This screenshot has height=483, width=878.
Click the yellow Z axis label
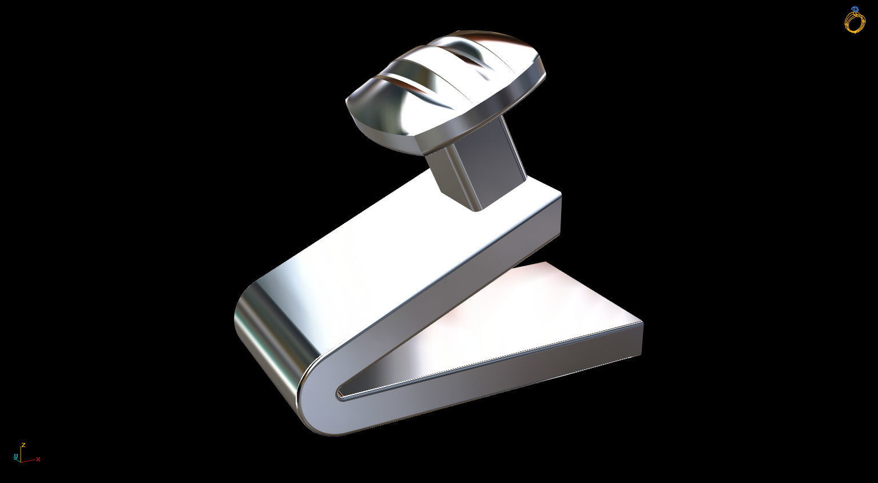[23, 445]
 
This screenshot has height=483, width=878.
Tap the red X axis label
[38, 460]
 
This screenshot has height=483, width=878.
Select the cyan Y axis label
[14, 456]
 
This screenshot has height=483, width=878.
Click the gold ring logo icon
[855, 21]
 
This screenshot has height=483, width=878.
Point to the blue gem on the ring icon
[855, 10]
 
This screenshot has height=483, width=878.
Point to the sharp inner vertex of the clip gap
[339, 393]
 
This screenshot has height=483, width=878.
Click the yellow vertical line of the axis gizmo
[20, 454]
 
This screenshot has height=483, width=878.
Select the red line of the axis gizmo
[29, 460]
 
